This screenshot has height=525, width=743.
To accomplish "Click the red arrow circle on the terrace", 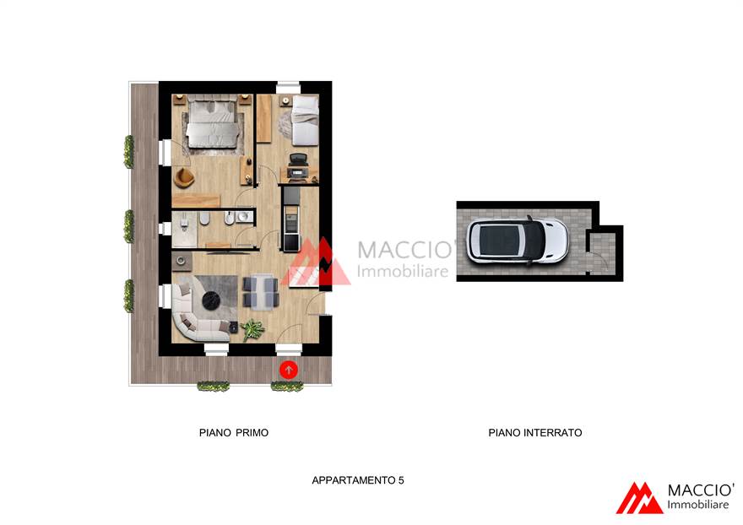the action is (x=289, y=370).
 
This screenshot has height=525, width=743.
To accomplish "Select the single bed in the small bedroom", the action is (x=304, y=120).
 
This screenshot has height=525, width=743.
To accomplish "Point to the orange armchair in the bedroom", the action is (x=184, y=177).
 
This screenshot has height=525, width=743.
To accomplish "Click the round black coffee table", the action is (x=211, y=300).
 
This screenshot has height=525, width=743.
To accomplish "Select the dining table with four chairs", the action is (x=261, y=292).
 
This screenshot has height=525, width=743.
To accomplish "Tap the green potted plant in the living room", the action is (x=252, y=329).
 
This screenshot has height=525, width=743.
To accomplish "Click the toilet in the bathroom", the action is (x=204, y=219).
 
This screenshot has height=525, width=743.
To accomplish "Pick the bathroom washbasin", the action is (x=244, y=217).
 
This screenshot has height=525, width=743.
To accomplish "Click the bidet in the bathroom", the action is (x=229, y=219).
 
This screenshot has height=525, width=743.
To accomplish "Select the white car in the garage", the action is (x=517, y=241).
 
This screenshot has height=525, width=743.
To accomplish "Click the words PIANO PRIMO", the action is (x=234, y=433).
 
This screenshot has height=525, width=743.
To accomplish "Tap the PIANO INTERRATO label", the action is (x=535, y=433).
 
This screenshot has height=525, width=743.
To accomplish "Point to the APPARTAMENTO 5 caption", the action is (x=358, y=480).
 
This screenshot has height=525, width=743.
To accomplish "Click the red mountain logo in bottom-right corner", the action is (x=639, y=498).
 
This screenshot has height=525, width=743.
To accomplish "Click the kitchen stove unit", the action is (x=291, y=223).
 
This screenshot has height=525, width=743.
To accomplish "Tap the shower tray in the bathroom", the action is (x=184, y=230).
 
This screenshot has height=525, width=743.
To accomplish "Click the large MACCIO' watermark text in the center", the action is (x=406, y=250).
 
